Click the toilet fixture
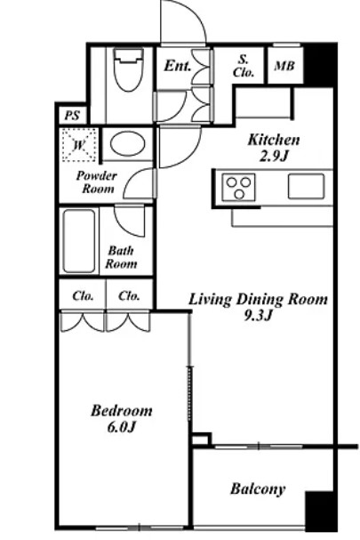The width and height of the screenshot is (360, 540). [x=128, y=69]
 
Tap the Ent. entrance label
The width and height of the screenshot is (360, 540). [x=177, y=66]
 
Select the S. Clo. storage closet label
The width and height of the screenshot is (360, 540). [x=244, y=66]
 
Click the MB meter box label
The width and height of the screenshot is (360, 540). [x=284, y=66]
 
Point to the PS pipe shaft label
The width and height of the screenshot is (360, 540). [x=72, y=116]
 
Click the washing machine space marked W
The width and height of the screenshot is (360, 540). [x=79, y=145]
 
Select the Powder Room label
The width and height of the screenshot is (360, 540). [x=97, y=182]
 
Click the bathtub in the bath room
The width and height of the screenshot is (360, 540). [x=79, y=241]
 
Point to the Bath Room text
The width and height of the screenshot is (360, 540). [x=121, y=257]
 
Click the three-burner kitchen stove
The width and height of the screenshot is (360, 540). [x=239, y=187]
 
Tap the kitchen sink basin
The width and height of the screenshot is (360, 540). [x=306, y=186]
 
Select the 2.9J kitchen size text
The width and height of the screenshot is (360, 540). [x=273, y=157]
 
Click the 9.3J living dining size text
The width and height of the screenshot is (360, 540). [x=258, y=315]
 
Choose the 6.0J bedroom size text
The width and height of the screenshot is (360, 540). [x=122, y=427]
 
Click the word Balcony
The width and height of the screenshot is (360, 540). [x=258, y=488]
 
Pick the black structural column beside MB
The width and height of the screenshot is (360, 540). [x=319, y=66]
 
